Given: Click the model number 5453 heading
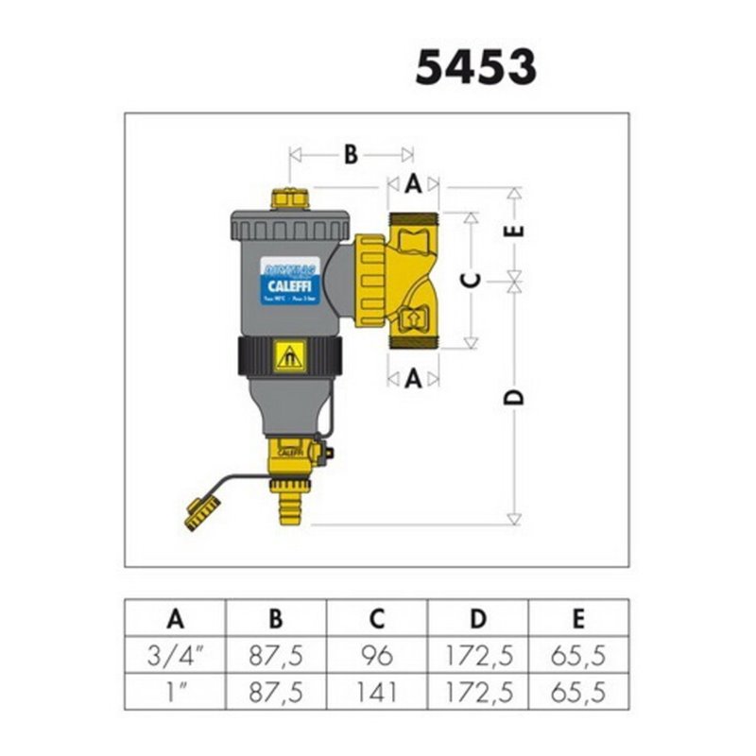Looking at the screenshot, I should [476, 68].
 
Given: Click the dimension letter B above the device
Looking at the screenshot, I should [351, 154].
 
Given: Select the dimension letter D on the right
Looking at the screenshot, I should [515, 398].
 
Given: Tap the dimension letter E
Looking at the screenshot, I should [515, 229].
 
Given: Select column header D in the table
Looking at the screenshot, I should [478, 620].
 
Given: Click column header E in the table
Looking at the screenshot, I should [578, 620].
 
